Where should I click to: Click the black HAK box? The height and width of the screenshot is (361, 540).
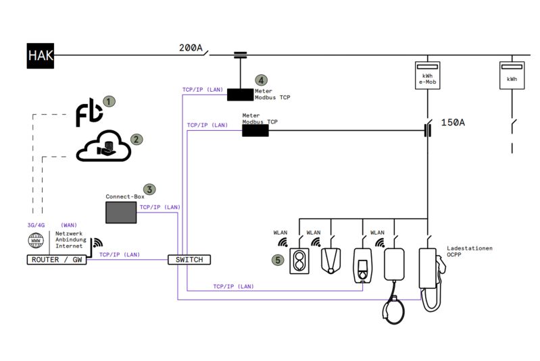tap(41, 56)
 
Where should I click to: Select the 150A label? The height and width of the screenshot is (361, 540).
tap(453, 123)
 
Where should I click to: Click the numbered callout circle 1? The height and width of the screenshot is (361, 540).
tap(109, 101)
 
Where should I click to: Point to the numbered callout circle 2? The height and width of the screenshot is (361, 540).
tap(137, 139)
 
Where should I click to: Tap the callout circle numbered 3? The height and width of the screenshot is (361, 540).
tap(150, 190)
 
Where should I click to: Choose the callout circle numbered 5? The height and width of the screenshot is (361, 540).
tap(277, 259)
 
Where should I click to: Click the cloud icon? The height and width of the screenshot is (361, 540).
tap(103, 147)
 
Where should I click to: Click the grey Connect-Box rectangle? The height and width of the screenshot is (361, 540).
tap(120, 212)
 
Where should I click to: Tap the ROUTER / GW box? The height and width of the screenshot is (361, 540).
tap(57, 260)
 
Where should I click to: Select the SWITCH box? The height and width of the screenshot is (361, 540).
tap(189, 260)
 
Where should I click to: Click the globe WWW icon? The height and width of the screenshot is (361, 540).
tap(36, 241)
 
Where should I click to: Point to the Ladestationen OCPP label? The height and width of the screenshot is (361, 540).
tap(469, 252)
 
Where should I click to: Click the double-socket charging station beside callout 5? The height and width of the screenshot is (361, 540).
tap(299, 261)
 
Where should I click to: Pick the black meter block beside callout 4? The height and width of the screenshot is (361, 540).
tap(239, 94)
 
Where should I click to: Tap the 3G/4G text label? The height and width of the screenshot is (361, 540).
tap(36, 225)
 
